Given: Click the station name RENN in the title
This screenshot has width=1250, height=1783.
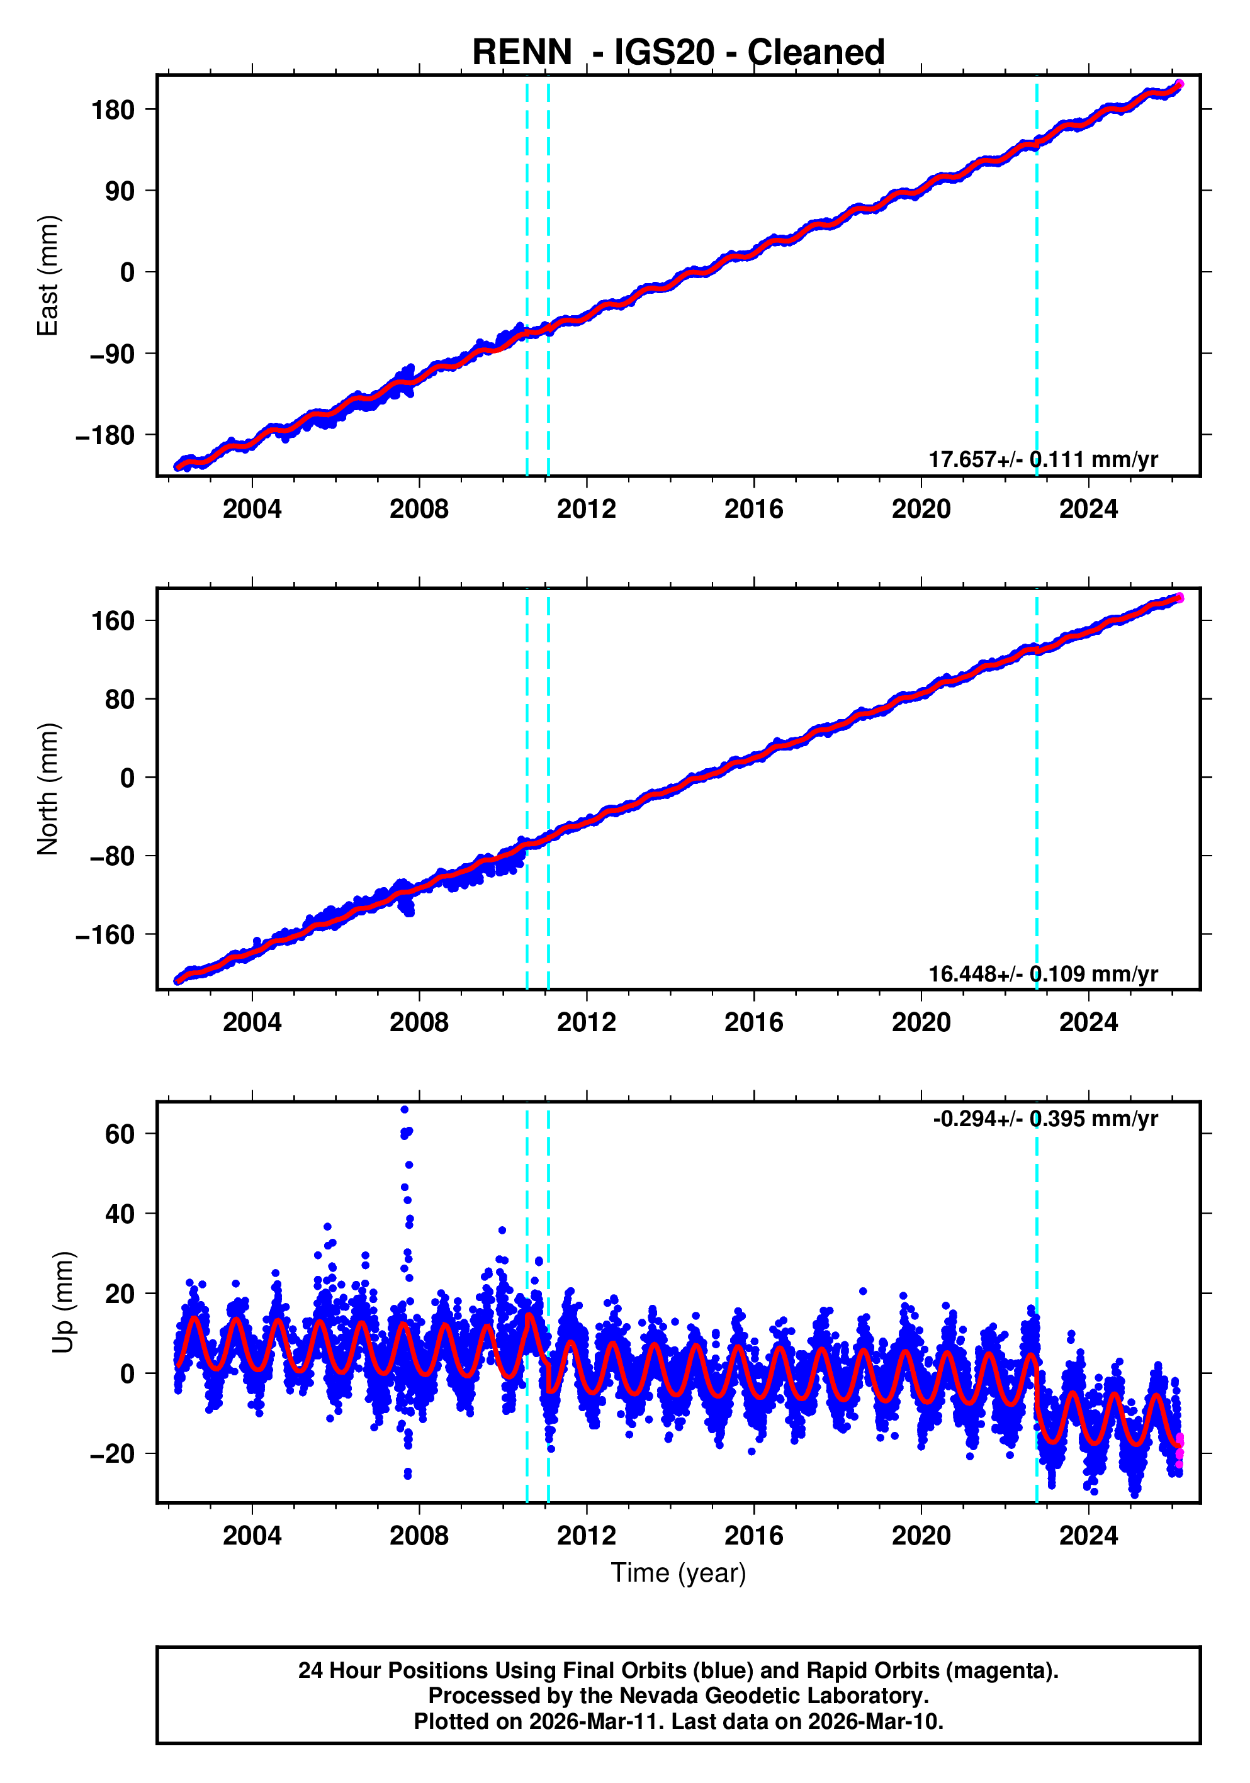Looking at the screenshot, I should (x=521, y=53).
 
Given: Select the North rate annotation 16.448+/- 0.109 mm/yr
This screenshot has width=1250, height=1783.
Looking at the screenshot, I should (x=1042, y=973).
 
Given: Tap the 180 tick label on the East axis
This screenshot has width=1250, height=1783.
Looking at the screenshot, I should (x=113, y=110).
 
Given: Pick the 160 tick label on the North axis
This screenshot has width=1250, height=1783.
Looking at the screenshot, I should (x=113, y=621).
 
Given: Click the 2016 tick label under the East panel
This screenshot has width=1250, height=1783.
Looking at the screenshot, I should (x=753, y=510).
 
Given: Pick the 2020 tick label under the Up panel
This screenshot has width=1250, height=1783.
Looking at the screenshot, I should (x=921, y=1536).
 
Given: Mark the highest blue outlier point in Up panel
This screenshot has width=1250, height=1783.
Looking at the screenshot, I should (x=404, y=1110).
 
